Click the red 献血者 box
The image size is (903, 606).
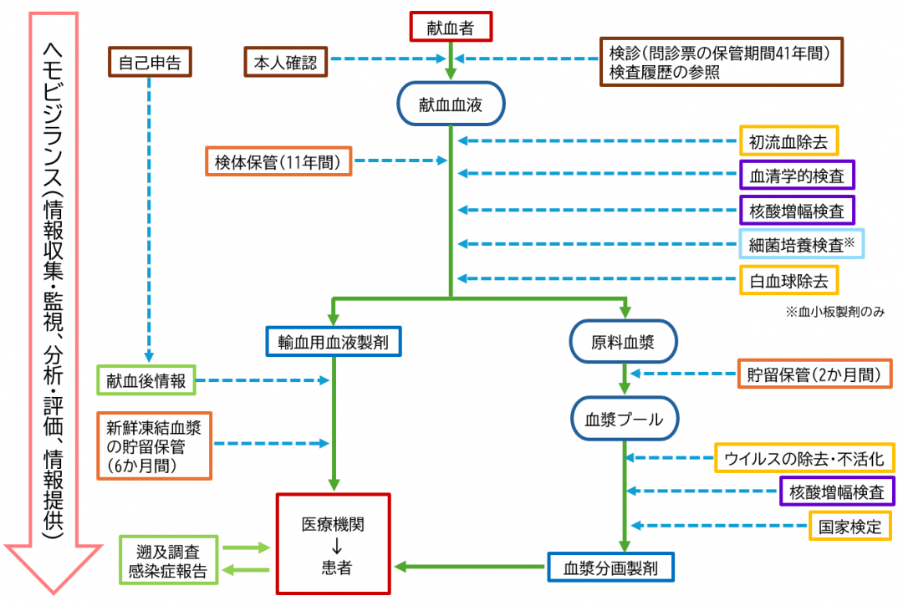click(x=451, y=28)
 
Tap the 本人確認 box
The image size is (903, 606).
click(x=286, y=61)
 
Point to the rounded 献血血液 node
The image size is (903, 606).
click(x=451, y=104)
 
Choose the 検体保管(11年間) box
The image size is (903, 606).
click(x=278, y=161)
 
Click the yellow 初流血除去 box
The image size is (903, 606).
click(x=788, y=141)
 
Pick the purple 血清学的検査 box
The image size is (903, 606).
click(x=797, y=176)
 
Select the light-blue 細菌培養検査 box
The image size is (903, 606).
click(x=800, y=244)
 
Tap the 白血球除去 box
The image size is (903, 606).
click(x=788, y=280)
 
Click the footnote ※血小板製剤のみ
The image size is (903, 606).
click(x=834, y=311)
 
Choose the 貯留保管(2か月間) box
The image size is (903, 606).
click(x=814, y=374)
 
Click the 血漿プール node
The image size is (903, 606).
click(x=623, y=419)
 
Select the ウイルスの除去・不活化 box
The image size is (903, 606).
click(x=804, y=457)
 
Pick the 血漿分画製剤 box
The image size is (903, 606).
click(x=610, y=568)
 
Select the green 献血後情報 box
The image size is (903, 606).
click(x=145, y=380)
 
